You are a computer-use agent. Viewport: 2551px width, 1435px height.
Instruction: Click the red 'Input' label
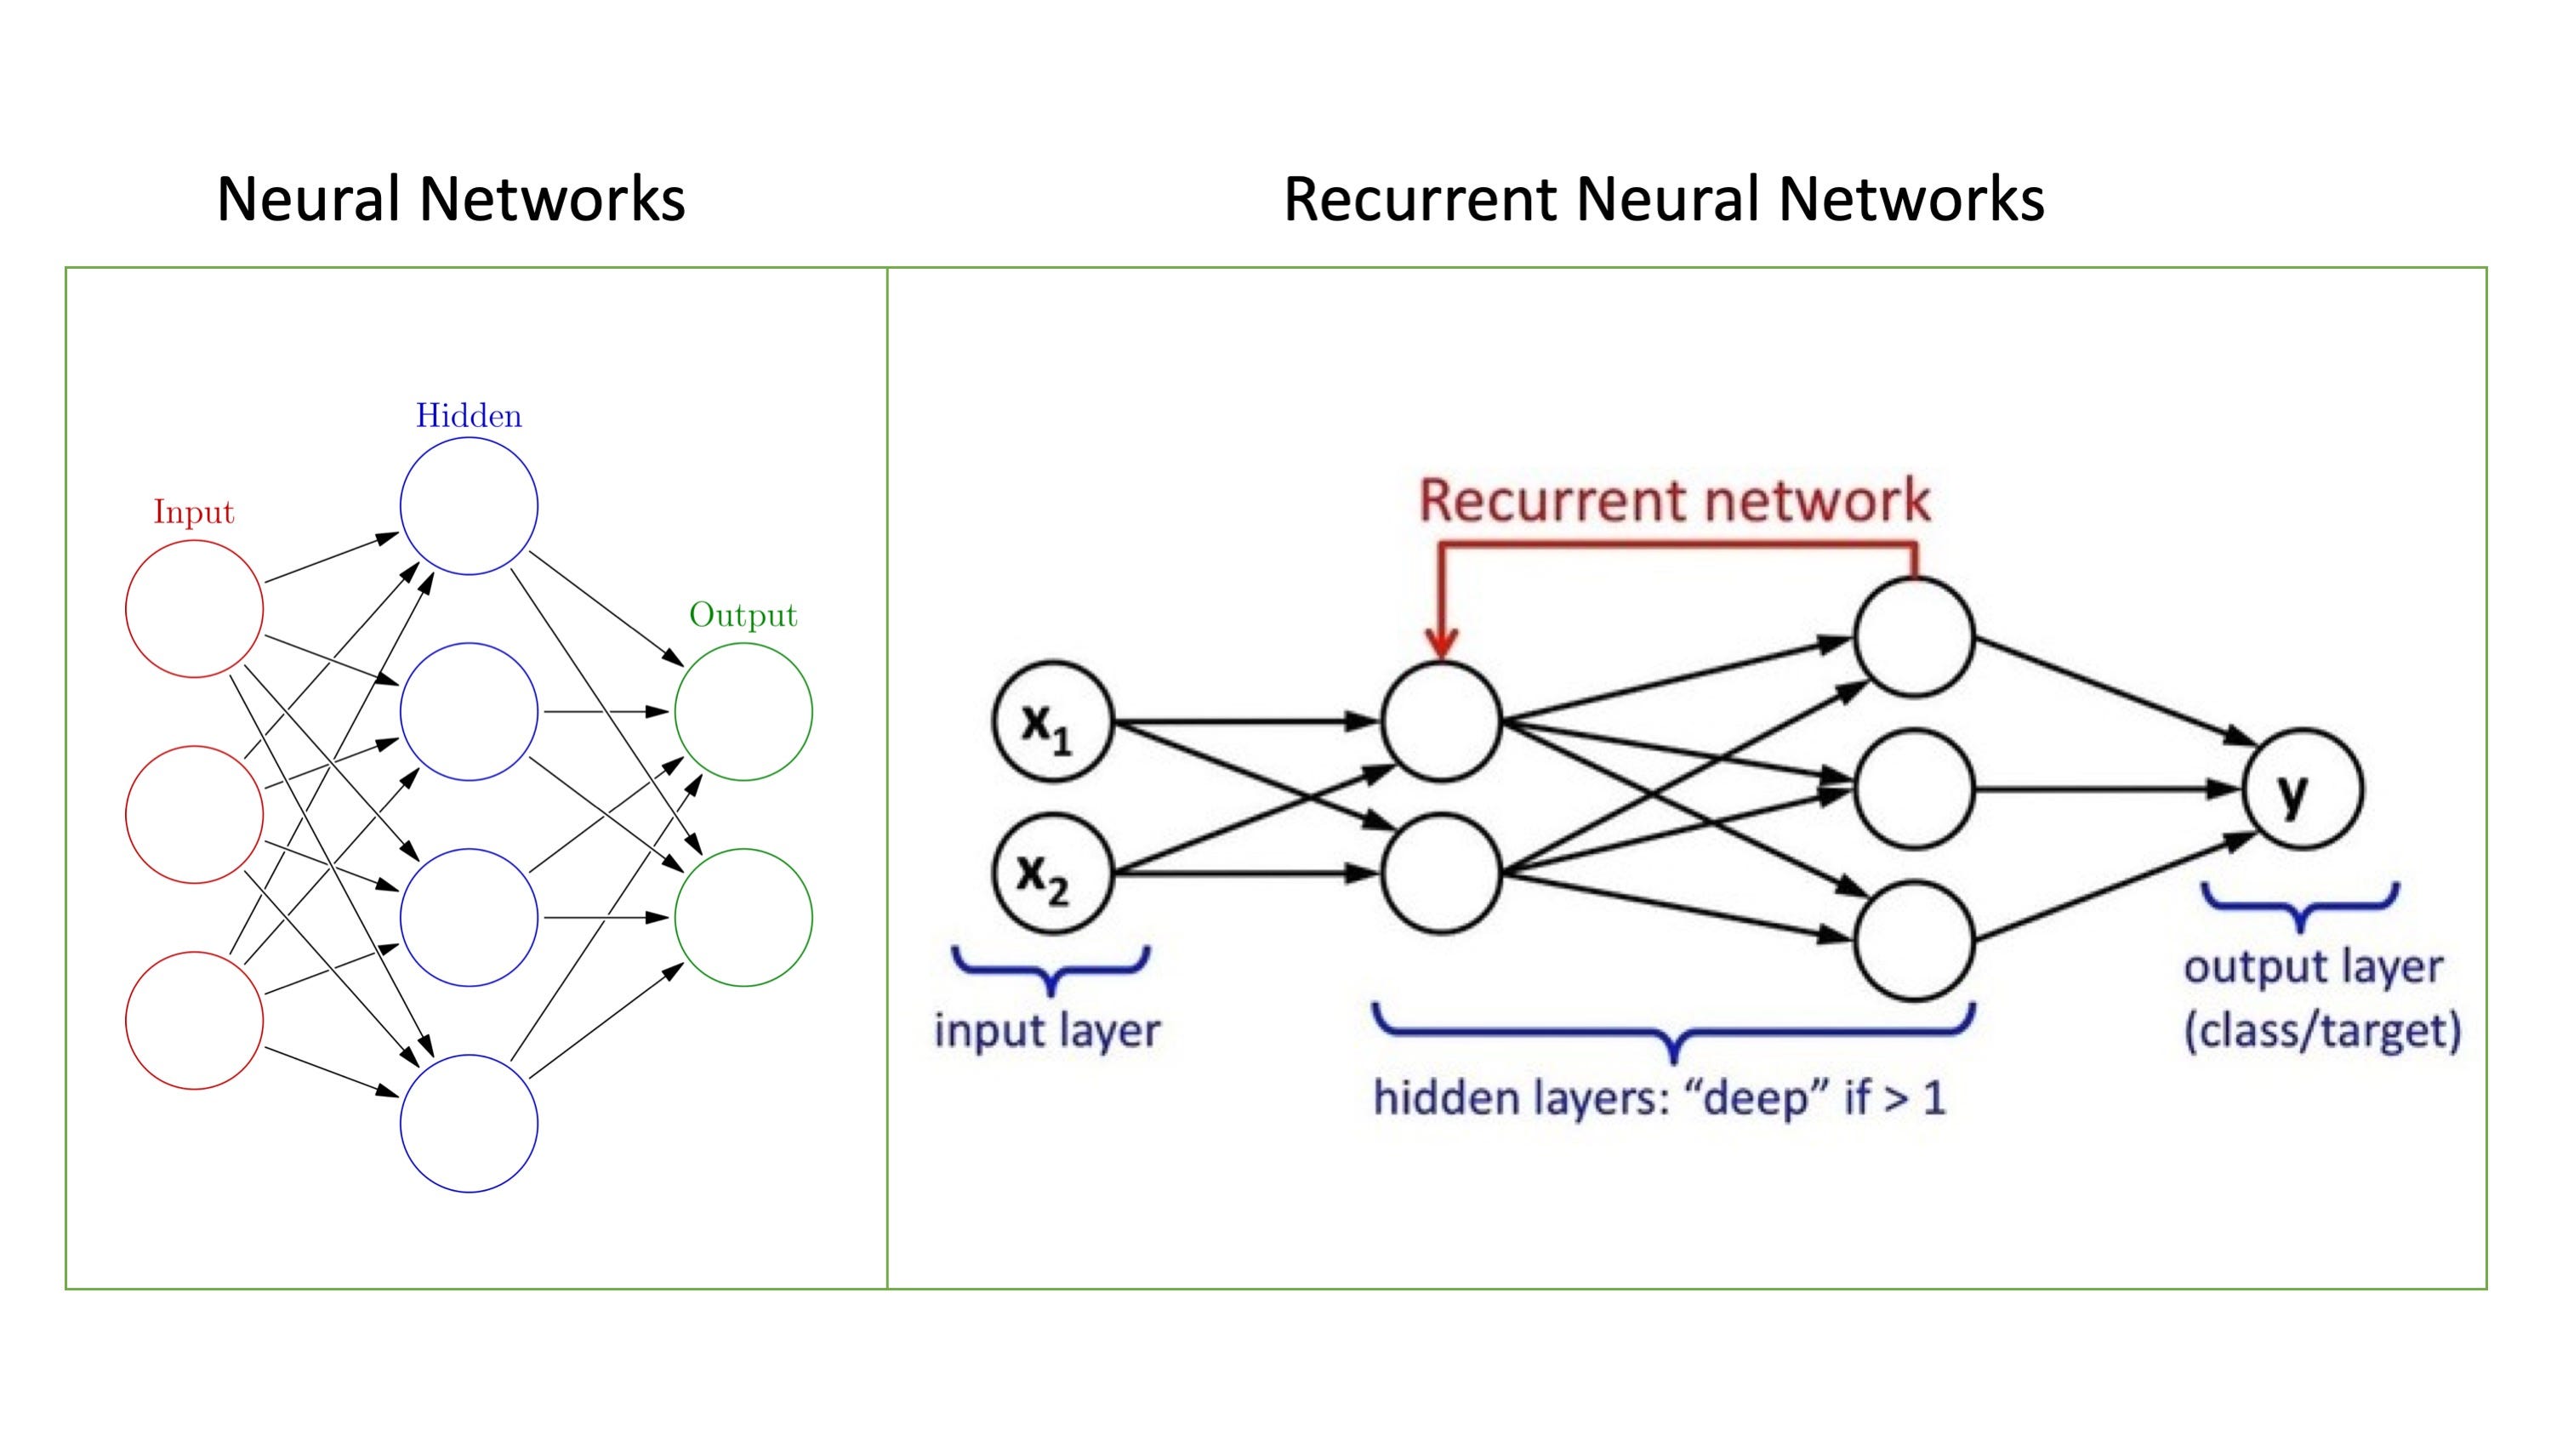(194, 512)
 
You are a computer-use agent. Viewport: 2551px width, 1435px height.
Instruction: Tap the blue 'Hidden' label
(469, 415)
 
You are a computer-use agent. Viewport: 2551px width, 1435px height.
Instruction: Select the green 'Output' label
(743, 615)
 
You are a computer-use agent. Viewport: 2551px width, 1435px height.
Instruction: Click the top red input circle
(194, 608)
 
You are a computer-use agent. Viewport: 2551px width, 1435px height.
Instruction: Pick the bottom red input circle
(194, 1020)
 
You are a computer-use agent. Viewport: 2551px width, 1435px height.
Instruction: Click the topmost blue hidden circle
(469, 506)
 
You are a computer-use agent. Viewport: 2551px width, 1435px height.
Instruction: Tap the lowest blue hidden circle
(469, 1123)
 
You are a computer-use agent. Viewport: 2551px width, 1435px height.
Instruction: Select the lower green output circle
(743, 917)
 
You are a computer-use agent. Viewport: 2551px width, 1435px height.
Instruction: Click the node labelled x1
(1051, 723)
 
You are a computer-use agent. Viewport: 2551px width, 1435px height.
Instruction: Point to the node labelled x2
(1051, 874)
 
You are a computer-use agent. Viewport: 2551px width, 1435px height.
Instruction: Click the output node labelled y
(2303, 789)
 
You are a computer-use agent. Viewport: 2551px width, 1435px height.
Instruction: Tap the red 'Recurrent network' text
(1674, 500)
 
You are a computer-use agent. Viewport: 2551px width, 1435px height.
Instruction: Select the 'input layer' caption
(1047, 1031)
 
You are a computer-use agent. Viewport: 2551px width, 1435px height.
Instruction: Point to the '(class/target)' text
(2322, 1031)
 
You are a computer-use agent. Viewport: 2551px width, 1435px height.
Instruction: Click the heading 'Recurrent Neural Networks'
(1664, 198)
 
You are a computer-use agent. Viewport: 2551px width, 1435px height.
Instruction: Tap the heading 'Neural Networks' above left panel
(451, 198)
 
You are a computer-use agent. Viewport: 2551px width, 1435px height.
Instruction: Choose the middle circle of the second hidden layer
(1913, 789)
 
